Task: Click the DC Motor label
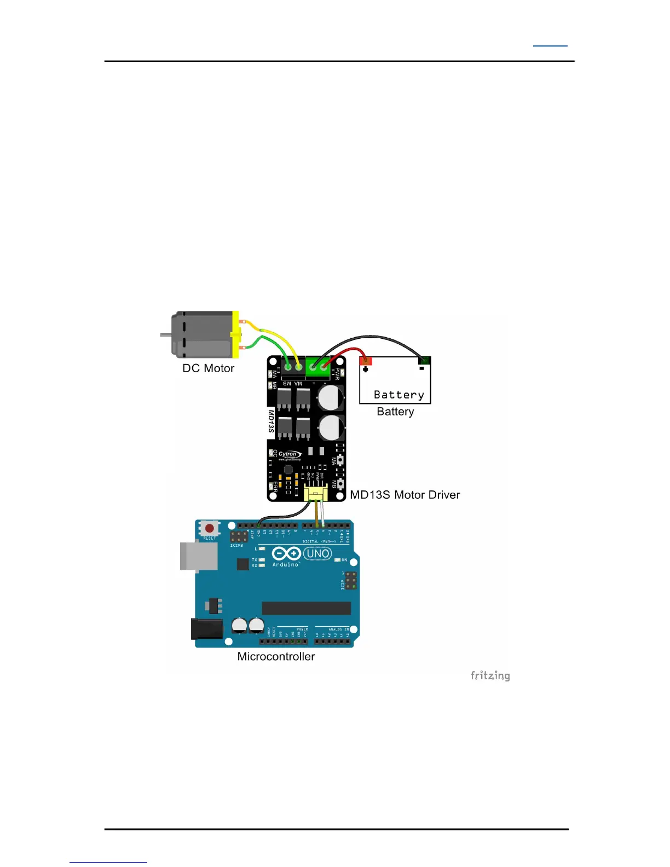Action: click(x=208, y=368)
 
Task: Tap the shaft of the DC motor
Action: click(x=165, y=334)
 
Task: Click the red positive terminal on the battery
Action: click(x=366, y=361)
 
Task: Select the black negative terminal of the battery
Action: click(x=424, y=360)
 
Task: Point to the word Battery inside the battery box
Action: click(x=398, y=395)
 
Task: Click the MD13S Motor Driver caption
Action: click(x=405, y=495)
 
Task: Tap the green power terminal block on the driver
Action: click(x=318, y=365)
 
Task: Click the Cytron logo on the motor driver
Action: click(x=289, y=454)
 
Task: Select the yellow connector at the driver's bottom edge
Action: click(x=316, y=494)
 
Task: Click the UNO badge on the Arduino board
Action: click(x=317, y=553)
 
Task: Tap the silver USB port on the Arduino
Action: click(x=198, y=556)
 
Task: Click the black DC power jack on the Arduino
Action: click(x=207, y=629)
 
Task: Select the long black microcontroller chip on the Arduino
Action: click(x=306, y=608)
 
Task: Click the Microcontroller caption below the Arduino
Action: click(x=276, y=656)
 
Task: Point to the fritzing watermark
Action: click(x=490, y=675)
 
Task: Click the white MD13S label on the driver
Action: click(x=271, y=421)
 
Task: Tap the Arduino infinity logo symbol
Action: click(x=286, y=553)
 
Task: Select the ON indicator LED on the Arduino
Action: click(x=338, y=560)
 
